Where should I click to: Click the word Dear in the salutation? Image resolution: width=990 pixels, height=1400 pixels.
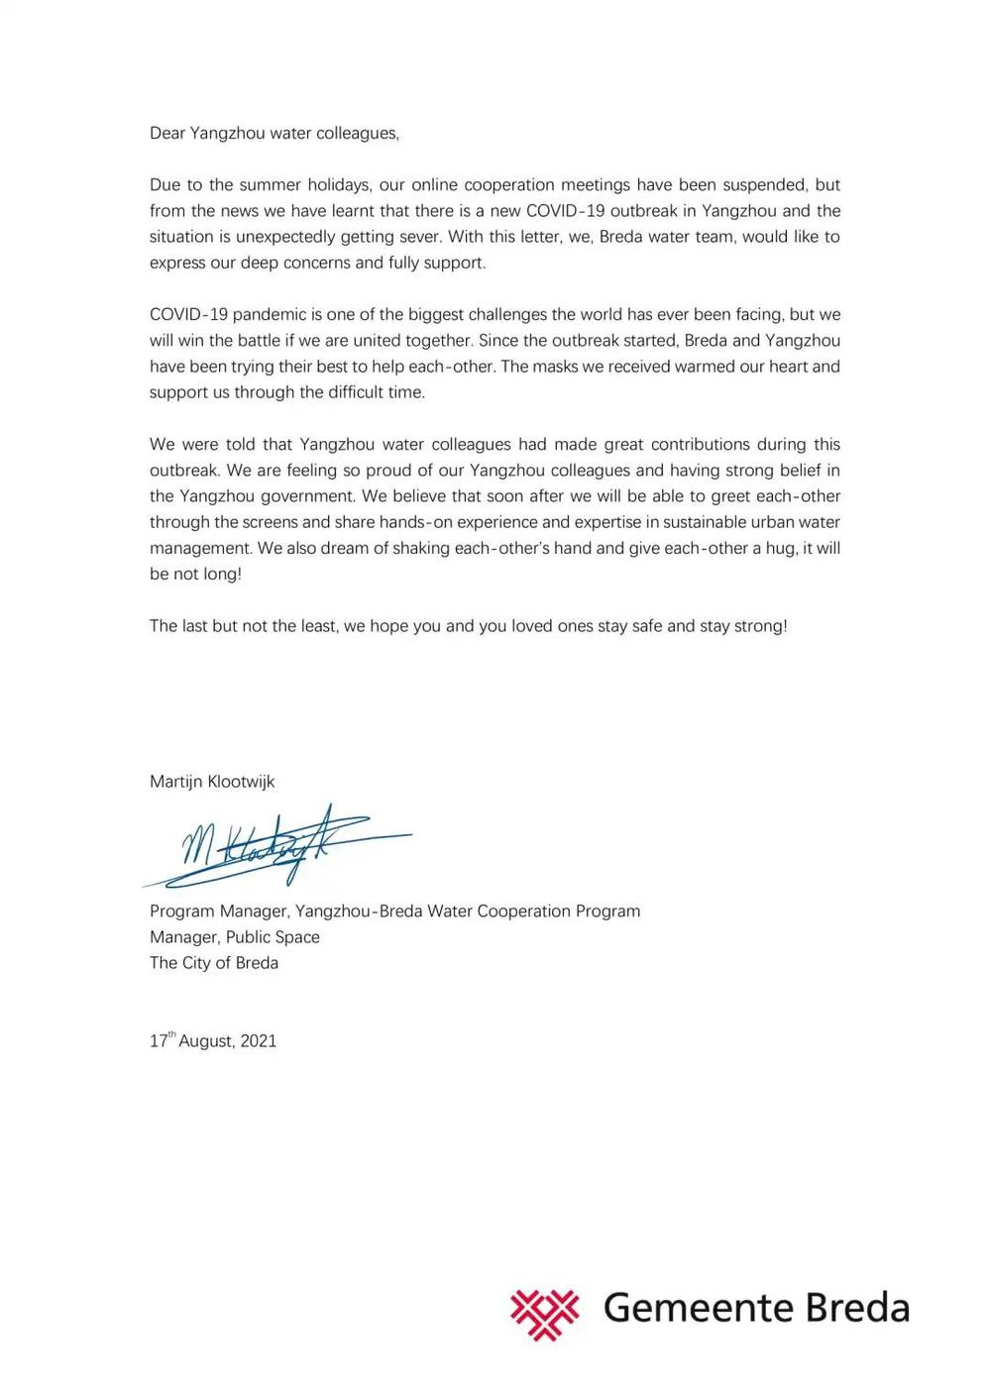(167, 133)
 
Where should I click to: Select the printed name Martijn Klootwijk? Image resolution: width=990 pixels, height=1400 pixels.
(212, 781)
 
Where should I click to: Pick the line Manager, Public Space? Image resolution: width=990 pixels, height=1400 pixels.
(235, 936)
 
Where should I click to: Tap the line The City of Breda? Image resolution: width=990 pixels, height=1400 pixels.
(214, 962)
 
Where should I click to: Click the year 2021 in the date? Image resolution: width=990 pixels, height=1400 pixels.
(259, 1041)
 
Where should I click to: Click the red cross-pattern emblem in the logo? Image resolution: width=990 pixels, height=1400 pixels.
(545, 1312)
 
